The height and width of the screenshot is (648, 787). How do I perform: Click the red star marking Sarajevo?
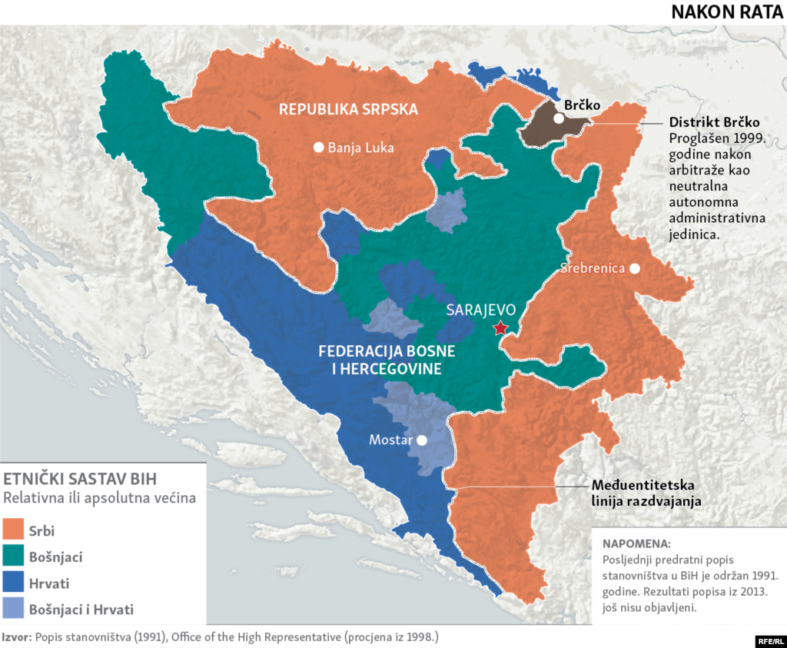pos(500,328)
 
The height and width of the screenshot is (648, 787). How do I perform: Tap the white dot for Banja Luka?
pos(317,148)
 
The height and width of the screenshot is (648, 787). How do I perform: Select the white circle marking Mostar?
pos(421,440)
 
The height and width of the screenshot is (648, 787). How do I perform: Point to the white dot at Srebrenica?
pos(635,268)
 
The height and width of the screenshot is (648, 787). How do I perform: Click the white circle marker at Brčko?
pos(559,119)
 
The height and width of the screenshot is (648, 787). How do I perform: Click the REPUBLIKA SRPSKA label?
pos(348,109)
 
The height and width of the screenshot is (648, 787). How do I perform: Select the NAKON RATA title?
pos(727,12)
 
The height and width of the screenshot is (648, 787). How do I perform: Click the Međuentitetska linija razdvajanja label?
pos(643,493)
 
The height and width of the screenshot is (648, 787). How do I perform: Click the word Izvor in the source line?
pos(13,637)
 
